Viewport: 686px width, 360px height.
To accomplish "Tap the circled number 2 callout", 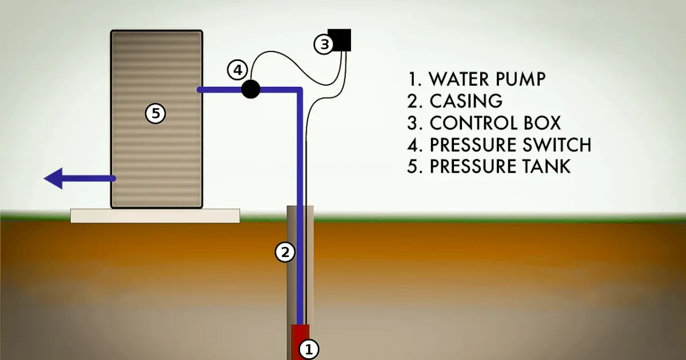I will click(x=285, y=251).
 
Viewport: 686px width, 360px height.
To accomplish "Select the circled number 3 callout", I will click(x=324, y=43).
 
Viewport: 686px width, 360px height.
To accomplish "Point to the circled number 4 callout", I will click(x=237, y=70).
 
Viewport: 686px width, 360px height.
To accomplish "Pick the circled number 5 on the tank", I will click(x=155, y=113).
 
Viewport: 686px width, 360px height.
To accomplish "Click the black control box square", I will click(x=341, y=40).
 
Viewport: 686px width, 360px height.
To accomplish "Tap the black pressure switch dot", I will click(x=251, y=89).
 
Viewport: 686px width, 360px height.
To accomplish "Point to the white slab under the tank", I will click(x=155, y=215).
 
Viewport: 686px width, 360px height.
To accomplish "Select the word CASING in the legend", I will click(x=466, y=101).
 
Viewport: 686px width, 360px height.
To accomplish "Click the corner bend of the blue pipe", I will click(x=298, y=90).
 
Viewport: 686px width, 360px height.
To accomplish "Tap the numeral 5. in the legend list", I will click(x=414, y=166).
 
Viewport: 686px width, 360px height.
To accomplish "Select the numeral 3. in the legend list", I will click(x=414, y=123).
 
